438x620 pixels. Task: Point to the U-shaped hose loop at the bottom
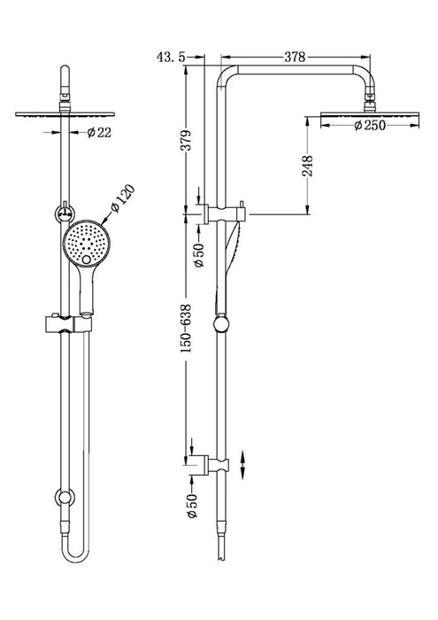(x=67, y=558)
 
